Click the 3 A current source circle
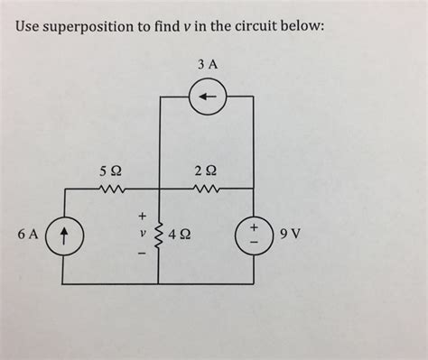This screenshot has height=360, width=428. click(x=208, y=78)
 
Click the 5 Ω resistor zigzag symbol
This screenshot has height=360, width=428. click(x=111, y=189)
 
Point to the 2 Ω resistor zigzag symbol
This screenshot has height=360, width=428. click(x=207, y=189)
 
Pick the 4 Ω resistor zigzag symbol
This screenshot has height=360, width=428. click(x=159, y=236)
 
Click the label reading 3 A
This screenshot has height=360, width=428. click(x=208, y=64)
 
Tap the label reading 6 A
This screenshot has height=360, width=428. click(x=28, y=235)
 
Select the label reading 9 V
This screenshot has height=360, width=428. click(x=290, y=234)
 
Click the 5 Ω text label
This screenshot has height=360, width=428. click(x=111, y=171)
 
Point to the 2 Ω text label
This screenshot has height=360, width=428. click(x=206, y=171)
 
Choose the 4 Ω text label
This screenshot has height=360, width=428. click(x=180, y=235)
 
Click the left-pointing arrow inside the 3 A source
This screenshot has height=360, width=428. click(x=208, y=97)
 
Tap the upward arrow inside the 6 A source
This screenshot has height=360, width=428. click(x=64, y=235)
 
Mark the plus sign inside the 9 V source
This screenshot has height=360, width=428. click(x=255, y=227)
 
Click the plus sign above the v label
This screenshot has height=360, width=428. click(x=142, y=216)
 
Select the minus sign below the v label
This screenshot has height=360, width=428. click(x=142, y=254)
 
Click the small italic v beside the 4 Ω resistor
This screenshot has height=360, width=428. click(x=143, y=233)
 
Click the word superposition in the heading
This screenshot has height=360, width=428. click(x=88, y=27)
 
